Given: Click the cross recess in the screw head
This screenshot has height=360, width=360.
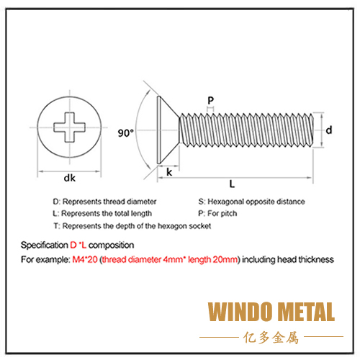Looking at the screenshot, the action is pos(69,127).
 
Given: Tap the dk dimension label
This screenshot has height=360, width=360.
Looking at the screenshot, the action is pos(70,178).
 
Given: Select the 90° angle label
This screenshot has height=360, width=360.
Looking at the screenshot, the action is pos(125,133).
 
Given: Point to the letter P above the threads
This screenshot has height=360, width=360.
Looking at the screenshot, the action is pos(211,100).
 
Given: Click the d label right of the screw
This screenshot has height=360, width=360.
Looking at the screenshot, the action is pos(329,130).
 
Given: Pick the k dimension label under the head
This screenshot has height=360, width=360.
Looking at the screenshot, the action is pos(169,172).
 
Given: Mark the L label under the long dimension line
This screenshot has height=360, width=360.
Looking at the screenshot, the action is pos(232,184).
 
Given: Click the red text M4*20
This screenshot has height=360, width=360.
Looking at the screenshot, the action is pos(85,259).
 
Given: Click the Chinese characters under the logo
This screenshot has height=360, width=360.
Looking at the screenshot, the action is pos(271,338).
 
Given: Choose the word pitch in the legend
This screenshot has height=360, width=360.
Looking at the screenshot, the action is pos(229,214).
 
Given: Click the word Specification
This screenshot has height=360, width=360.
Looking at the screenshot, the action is pos(45,246).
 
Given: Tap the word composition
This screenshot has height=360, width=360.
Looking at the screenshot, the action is pos(111,246).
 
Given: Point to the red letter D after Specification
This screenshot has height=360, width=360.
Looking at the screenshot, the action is pos(73,245).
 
